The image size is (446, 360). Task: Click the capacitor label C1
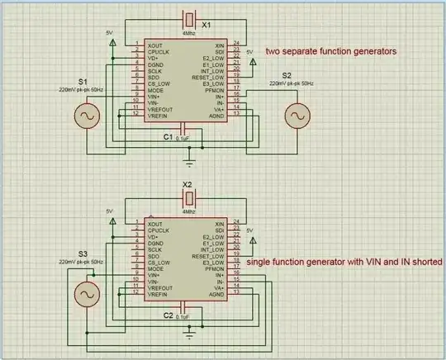click(168, 136)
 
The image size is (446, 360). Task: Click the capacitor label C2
click(167, 315)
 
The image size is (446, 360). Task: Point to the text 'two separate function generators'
click(330, 51)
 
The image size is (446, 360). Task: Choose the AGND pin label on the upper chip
click(216, 116)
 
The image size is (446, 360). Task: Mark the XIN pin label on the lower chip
click(219, 224)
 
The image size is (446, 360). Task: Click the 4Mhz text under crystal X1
click(190, 33)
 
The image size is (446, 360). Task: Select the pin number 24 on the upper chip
click(236, 42)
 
